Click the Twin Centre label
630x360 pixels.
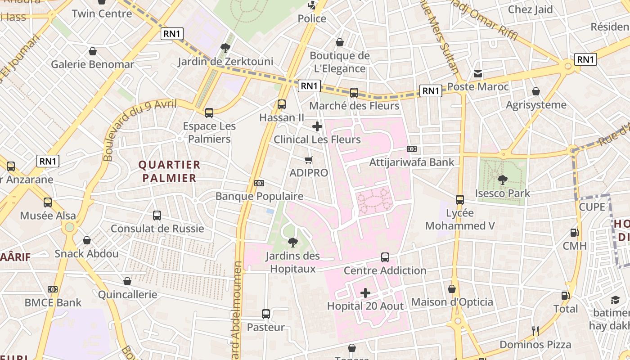click(102, 13)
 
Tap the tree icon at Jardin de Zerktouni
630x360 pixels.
click(225, 48)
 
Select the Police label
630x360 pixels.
click(312, 18)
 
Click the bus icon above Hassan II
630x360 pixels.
click(282, 104)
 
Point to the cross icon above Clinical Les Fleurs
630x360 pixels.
click(317, 126)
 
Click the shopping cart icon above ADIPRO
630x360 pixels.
click(309, 160)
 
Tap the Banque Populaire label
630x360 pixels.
click(259, 196)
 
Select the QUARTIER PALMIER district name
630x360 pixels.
click(169, 171)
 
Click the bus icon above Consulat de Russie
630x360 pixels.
click(157, 216)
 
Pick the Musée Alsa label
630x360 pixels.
click(48, 216)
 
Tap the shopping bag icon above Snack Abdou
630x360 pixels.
click(87, 241)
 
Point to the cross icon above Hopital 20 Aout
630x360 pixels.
click(365, 293)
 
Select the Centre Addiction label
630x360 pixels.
click(385, 270)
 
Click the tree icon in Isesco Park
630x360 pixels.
click(503, 180)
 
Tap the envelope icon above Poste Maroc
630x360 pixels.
click(478, 74)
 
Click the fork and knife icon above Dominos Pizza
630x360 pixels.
click(535, 331)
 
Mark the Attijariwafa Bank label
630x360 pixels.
click(412, 162)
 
